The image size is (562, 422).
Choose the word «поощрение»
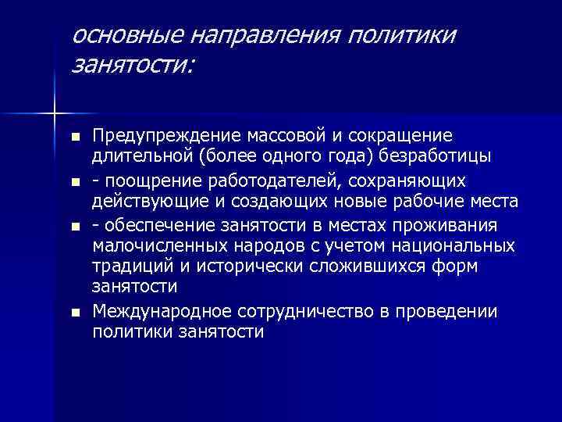coord(148,181)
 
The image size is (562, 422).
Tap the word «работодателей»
coord(269,181)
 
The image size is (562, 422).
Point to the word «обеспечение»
coord(154,227)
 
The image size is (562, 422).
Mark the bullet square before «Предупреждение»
coord(74,137)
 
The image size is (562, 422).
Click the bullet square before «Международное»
coord(74,313)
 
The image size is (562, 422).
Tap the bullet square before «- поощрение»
coord(74,182)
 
